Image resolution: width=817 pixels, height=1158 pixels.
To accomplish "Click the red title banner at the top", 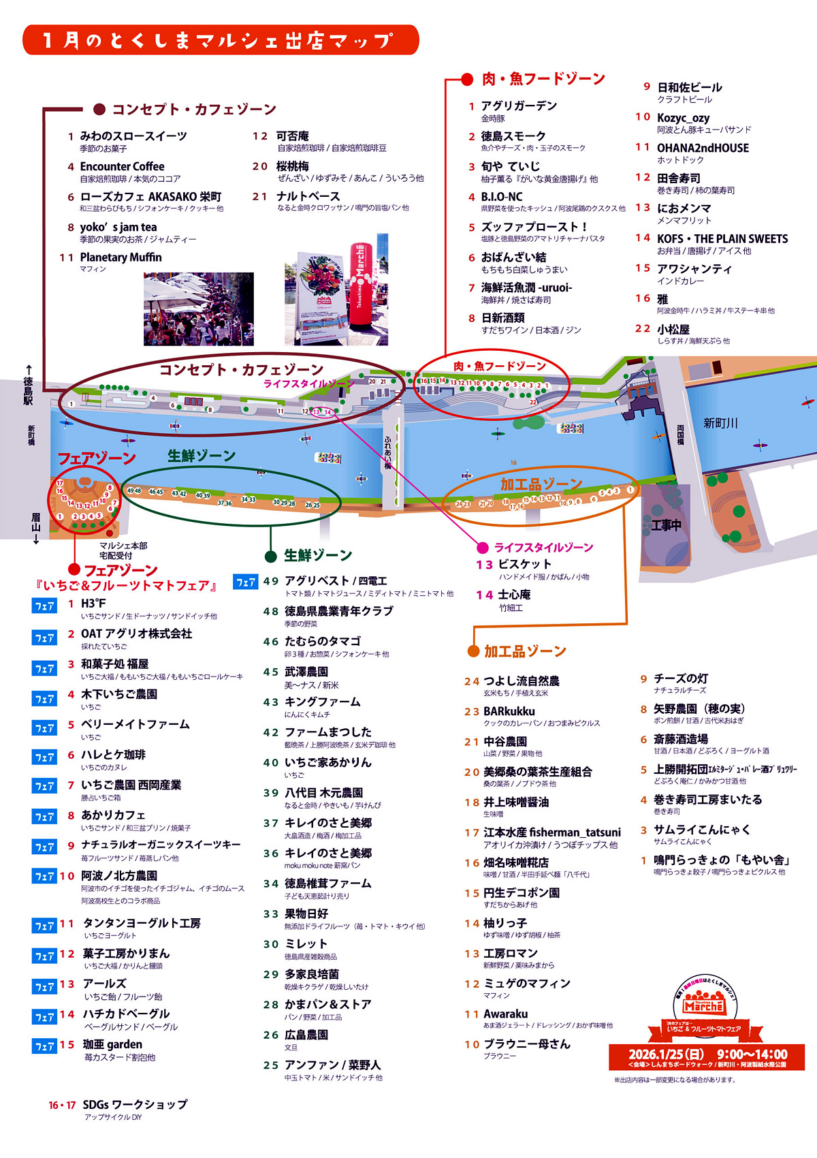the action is click(220, 40).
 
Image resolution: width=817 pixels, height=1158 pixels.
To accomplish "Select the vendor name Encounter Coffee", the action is click(122, 167).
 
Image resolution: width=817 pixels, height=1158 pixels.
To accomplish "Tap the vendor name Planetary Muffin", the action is click(121, 257).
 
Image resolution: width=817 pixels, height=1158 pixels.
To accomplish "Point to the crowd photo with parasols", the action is click(198, 309).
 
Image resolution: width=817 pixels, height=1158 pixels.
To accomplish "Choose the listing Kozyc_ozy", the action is click(683, 118).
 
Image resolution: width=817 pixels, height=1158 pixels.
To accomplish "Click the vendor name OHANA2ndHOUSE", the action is click(703, 148).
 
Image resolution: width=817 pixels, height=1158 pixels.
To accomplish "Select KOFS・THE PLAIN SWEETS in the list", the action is click(722, 239).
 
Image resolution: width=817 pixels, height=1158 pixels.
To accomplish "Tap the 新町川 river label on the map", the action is click(720, 424).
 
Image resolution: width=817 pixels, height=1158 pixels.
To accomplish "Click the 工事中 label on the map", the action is click(666, 525).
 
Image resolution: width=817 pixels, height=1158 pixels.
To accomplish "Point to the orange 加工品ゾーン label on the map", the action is click(541, 484).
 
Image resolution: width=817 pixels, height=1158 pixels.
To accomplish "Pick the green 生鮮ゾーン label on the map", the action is click(202, 456).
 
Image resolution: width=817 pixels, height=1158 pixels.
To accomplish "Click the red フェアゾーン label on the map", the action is click(97, 458).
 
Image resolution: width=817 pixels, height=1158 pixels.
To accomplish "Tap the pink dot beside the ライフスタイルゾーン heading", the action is click(483, 548).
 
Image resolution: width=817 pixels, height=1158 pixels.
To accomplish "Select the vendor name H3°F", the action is click(93, 604).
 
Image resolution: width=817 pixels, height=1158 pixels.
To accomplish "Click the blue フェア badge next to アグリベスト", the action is click(246, 582).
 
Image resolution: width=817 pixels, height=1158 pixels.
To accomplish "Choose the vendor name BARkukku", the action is click(509, 712).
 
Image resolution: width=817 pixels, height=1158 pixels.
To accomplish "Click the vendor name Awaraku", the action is click(505, 1014).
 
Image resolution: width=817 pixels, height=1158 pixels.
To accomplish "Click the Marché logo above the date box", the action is click(703, 1005).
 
